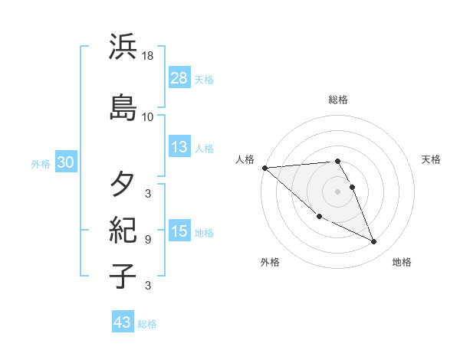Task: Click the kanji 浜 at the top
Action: tap(123, 48)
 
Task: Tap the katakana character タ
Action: tap(123, 185)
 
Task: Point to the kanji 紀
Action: tap(123, 231)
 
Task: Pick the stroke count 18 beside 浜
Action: tap(149, 57)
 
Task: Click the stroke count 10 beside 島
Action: tap(148, 116)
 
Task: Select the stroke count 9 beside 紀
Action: tap(148, 239)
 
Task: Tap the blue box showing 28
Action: tap(179, 77)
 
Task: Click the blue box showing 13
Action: tap(179, 148)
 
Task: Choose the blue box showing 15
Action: tap(179, 231)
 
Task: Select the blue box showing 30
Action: tap(65, 162)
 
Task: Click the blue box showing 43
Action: tap(123, 322)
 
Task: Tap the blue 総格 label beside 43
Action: tap(148, 324)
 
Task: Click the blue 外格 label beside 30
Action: tap(41, 163)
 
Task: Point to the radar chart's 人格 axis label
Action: tap(245, 159)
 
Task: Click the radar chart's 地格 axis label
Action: tap(402, 262)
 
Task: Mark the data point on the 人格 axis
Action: tap(264, 168)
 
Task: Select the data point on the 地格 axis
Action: tap(374, 242)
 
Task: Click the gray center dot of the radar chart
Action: tap(338, 191)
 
